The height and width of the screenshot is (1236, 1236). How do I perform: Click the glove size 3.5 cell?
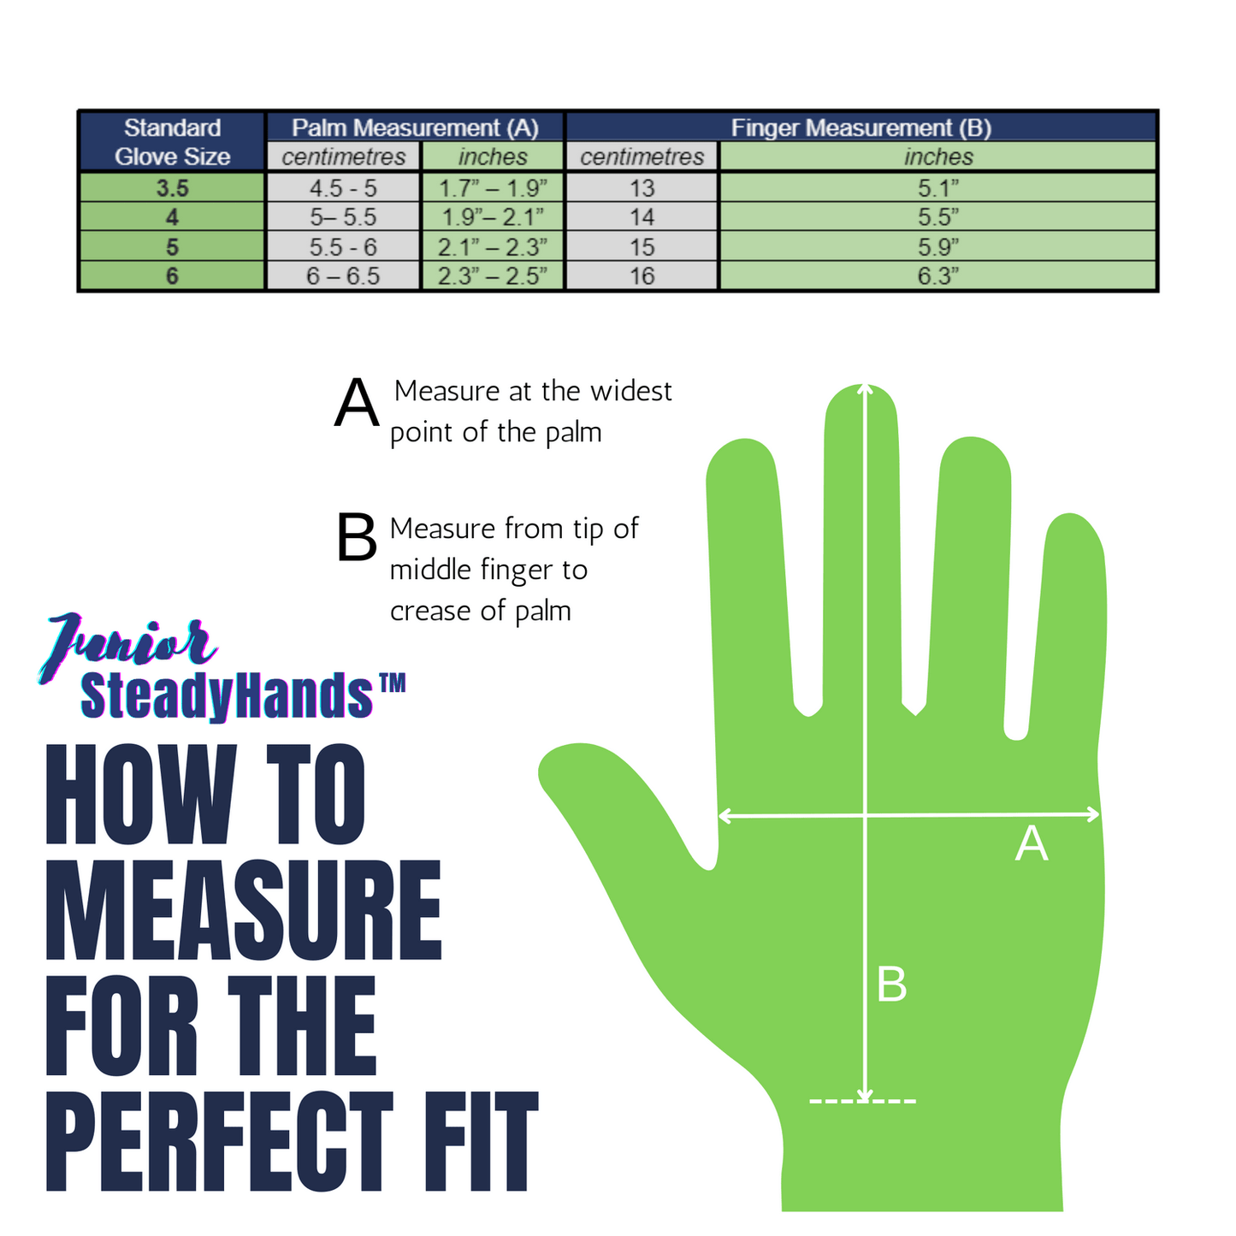(172, 188)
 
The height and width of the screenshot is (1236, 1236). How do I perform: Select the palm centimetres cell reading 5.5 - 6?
(343, 247)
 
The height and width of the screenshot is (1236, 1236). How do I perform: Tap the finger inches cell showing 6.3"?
(938, 276)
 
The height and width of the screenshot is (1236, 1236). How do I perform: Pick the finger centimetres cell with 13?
(642, 188)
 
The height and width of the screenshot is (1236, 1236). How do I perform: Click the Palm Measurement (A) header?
(415, 127)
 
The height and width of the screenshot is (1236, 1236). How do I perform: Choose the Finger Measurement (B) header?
(860, 127)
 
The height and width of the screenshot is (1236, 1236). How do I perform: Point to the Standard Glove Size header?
(172, 142)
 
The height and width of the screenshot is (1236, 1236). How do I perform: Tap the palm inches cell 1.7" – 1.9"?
(493, 188)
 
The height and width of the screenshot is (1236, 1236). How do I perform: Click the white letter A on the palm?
(1031, 844)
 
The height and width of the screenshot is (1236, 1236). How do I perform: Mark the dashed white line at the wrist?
(862, 1101)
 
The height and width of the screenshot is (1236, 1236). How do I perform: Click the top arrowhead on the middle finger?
(866, 389)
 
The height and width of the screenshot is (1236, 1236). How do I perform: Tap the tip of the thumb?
(556, 766)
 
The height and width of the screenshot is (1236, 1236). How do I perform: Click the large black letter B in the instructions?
(357, 538)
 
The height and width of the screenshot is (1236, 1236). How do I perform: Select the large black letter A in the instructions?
(357, 403)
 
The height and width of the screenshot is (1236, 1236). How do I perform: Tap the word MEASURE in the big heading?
(244, 911)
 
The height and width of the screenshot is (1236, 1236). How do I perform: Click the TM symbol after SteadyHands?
(391, 683)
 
